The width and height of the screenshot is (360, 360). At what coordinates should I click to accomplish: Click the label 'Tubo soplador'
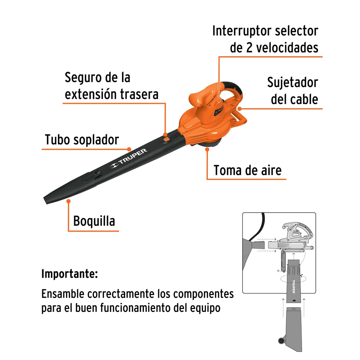[x=82, y=140]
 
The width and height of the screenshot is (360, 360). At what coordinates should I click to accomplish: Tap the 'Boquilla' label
[x=94, y=221]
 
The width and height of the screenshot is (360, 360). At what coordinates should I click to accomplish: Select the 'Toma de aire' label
[x=247, y=170]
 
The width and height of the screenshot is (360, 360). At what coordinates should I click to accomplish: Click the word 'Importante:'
[x=70, y=274]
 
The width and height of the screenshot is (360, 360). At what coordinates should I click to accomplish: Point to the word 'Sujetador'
[x=292, y=82]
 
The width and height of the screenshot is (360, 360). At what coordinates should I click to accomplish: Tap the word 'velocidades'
[x=287, y=48]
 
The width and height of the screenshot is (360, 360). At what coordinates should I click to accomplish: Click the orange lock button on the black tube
[x=166, y=139]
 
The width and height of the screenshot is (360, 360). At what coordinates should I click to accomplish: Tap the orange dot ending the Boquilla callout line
[x=69, y=201]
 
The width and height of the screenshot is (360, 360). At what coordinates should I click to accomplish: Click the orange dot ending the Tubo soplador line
[x=129, y=149]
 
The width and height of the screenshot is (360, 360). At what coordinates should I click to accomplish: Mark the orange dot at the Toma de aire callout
[x=207, y=149]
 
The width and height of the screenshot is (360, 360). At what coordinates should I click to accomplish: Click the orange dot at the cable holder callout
[x=239, y=109]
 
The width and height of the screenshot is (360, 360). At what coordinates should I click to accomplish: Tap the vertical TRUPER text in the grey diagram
[x=294, y=287]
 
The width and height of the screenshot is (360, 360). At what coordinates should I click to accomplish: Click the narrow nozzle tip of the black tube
[x=46, y=200]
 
